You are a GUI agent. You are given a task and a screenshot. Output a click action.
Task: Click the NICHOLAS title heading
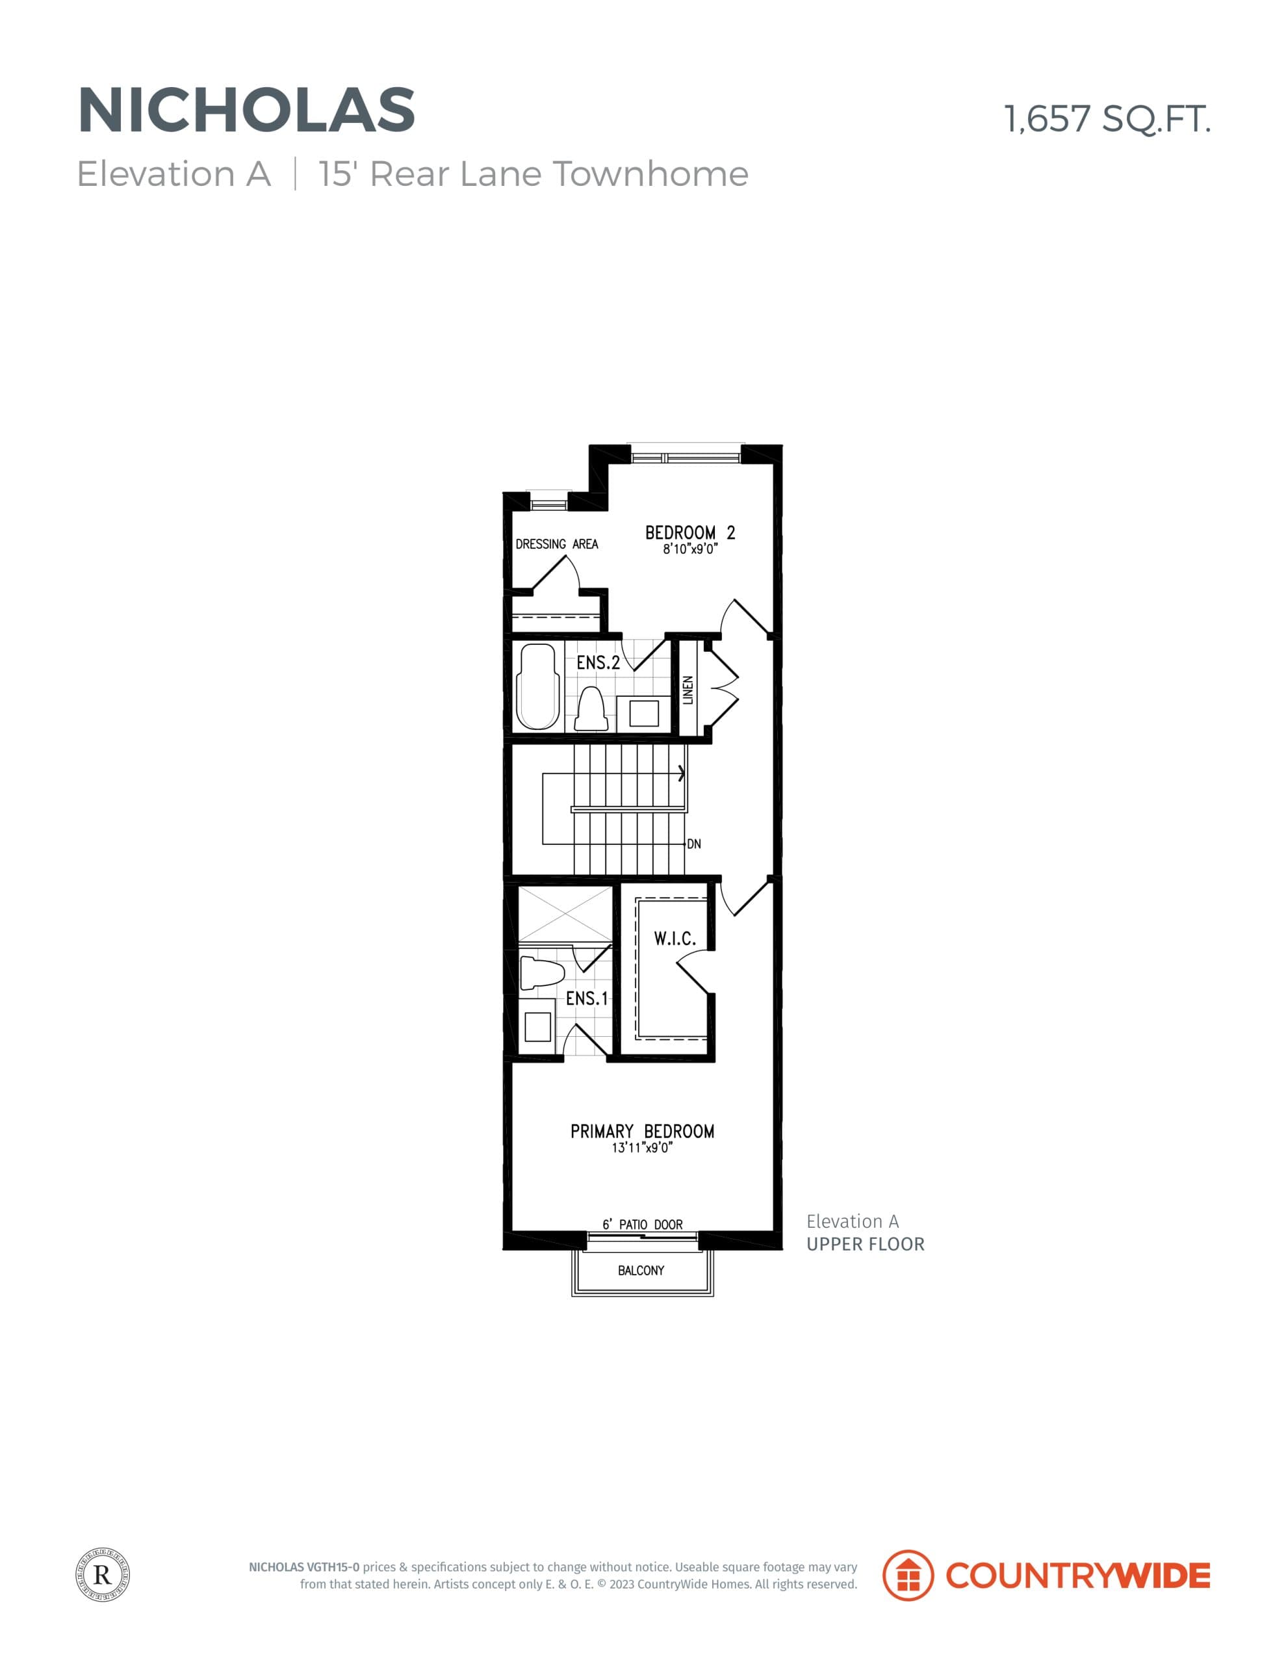246,110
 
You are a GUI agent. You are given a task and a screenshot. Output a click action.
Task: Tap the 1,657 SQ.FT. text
1106,120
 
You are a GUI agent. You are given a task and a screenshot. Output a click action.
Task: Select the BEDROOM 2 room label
689,532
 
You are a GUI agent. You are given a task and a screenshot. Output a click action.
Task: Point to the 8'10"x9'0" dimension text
689,549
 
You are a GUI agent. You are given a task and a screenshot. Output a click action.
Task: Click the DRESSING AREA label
556,544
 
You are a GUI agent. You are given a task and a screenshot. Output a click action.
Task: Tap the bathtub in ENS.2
537,686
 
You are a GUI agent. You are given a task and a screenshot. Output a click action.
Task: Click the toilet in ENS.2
591,708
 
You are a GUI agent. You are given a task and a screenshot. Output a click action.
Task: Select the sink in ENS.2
643,713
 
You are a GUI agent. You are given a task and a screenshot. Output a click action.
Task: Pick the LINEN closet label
688,690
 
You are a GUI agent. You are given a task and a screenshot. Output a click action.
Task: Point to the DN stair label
693,844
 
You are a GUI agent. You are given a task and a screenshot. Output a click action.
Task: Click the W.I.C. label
675,939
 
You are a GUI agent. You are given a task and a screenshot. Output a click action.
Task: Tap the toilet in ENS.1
541,973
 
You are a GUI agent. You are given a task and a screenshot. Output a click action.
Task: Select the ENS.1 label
587,998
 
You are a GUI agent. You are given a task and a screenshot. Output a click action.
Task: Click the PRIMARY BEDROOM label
642,1132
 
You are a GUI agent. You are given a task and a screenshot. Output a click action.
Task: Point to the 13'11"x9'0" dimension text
642,1148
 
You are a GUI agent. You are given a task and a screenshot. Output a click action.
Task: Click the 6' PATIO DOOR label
642,1225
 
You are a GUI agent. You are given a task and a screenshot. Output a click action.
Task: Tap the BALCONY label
641,1270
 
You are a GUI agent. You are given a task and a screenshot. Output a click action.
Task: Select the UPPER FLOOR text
866,1244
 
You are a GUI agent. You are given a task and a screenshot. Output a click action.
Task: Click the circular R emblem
103,1575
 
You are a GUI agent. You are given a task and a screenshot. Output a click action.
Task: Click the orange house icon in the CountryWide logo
907,1575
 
